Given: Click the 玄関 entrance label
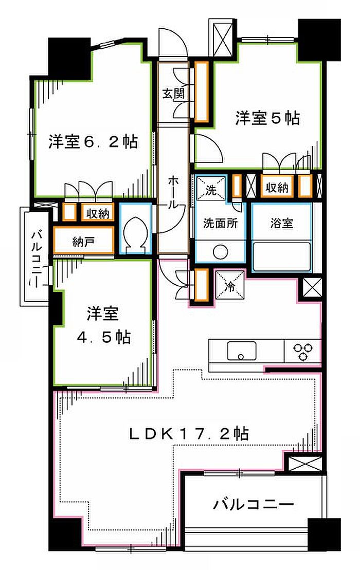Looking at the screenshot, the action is [x=173, y=94].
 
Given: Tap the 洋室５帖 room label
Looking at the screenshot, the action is [x=267, y=118].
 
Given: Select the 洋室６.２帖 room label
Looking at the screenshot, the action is [x=94, y=141].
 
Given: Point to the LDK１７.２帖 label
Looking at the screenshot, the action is [x=189, y=433].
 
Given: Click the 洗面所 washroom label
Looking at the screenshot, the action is [x=220, y=223].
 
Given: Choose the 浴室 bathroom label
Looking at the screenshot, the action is [x=282, y=223].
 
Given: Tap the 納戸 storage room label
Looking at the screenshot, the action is [x=84, y=242].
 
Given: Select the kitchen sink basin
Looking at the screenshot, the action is [x=241, y=351].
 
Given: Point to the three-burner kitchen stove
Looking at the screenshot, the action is [x=302, y=351].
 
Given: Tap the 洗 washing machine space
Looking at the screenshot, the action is [x=211, y=188].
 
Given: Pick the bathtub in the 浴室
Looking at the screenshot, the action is [x=282, y=256].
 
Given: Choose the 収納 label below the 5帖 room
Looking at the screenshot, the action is [x=277, y=187].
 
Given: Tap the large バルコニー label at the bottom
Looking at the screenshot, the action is [x=253, y=504].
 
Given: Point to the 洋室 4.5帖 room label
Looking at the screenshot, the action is [x=104, y=325].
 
